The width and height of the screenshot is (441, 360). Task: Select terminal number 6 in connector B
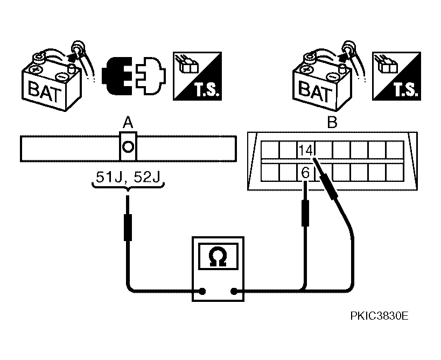point(305,173)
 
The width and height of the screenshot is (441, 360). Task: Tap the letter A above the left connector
point(128,123)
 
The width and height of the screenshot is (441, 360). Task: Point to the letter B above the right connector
point(332,123)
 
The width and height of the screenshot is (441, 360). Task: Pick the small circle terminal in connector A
point(128,146)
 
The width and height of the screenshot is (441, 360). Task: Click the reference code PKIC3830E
point(379,316)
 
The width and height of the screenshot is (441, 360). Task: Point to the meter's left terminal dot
point(202,292)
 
